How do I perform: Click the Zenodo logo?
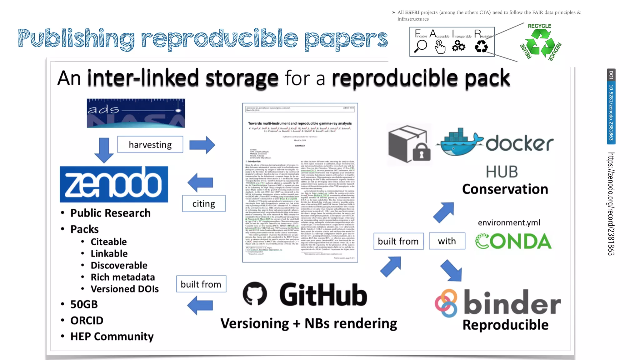click(114, 184)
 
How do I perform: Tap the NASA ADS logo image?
click(136, 113)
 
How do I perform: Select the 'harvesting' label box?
click(150, 144)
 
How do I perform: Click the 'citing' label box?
click(203, 203)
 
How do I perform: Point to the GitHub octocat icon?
click(255, 294)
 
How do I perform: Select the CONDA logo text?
click(513, 241)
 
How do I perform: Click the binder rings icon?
click(446, 303)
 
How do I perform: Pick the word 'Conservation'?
click(505, 189)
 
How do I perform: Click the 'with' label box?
click(447, 241)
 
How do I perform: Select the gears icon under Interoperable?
click(458, 46)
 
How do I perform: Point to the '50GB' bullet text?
click(84, 304)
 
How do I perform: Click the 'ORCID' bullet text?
click(87, 320)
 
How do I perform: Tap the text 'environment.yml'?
click(509, 222)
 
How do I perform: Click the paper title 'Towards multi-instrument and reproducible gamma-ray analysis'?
click(300, 123)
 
